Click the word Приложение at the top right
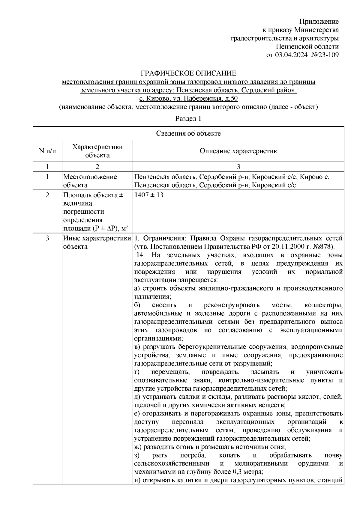(319, 22)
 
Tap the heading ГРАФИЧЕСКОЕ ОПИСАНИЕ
(189, 73)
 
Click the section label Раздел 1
(188, 118)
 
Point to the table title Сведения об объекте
(188, 133)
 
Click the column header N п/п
(47, 151)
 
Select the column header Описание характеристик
(238, 151)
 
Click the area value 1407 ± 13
(149, 195)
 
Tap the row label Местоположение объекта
(90, 181)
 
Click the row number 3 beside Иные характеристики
(47, 238)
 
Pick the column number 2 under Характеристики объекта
(97, 167)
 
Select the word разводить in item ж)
(158, 447)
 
